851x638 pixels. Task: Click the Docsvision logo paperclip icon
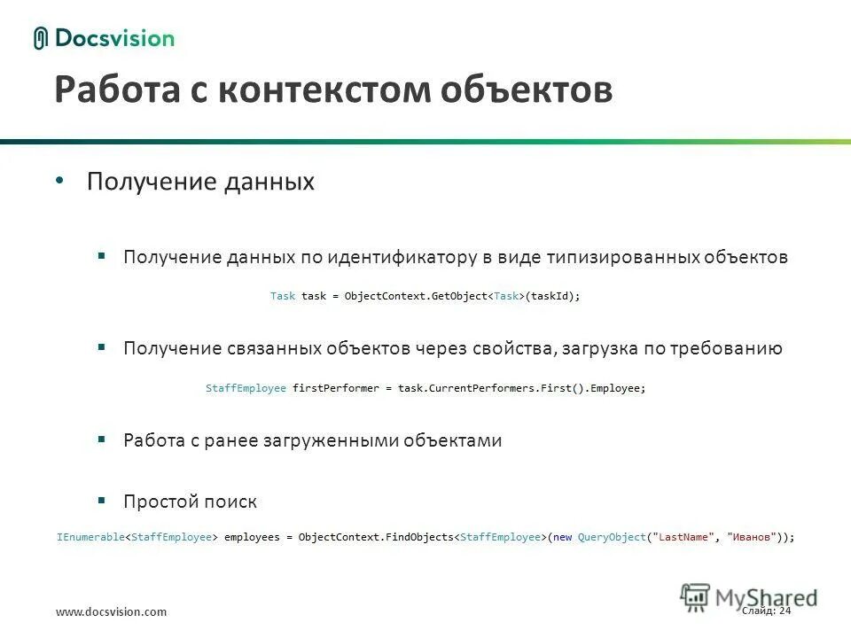pyautogui.click(x=40, y=38)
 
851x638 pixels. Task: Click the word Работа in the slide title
pyautogui.click(x=109, y=90)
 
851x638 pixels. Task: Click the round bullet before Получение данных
pyautogui.click(x=59, y=181)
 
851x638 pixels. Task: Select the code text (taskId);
pyautogui.click(x=554, y=297)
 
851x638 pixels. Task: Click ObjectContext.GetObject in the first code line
pyautogui.click(x=417, y=297)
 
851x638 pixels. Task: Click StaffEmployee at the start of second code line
pyautogui.click(x=246, y=389)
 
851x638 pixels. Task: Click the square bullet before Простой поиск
pyautogui.click(x=102, y=500)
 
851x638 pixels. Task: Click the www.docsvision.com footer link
pyautogui.click(x=111, y=612)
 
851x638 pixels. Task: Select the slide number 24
pyautogui.click(x=785, y=611)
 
